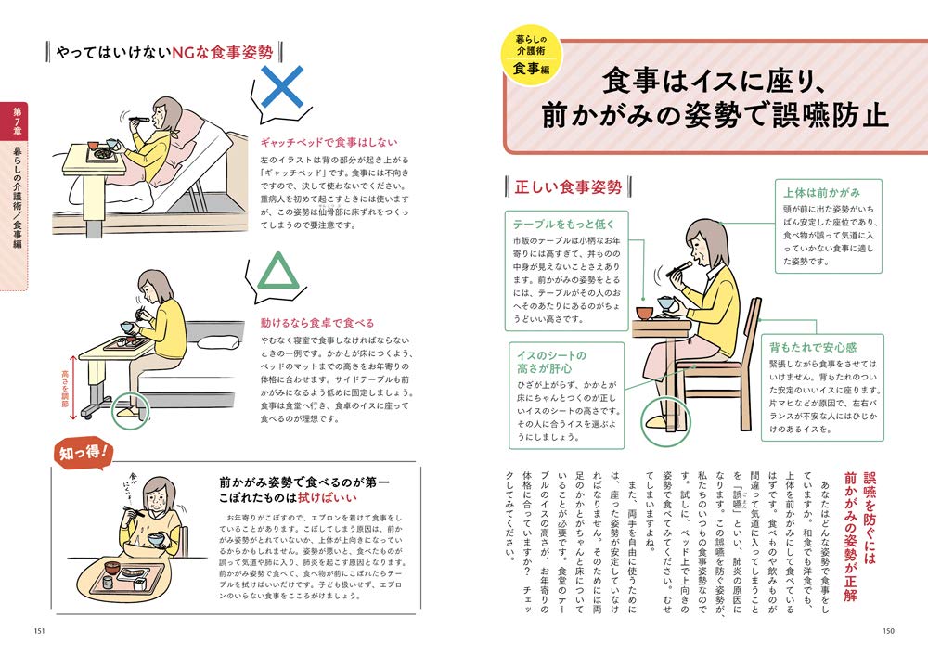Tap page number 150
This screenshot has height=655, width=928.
coord(888,632)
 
